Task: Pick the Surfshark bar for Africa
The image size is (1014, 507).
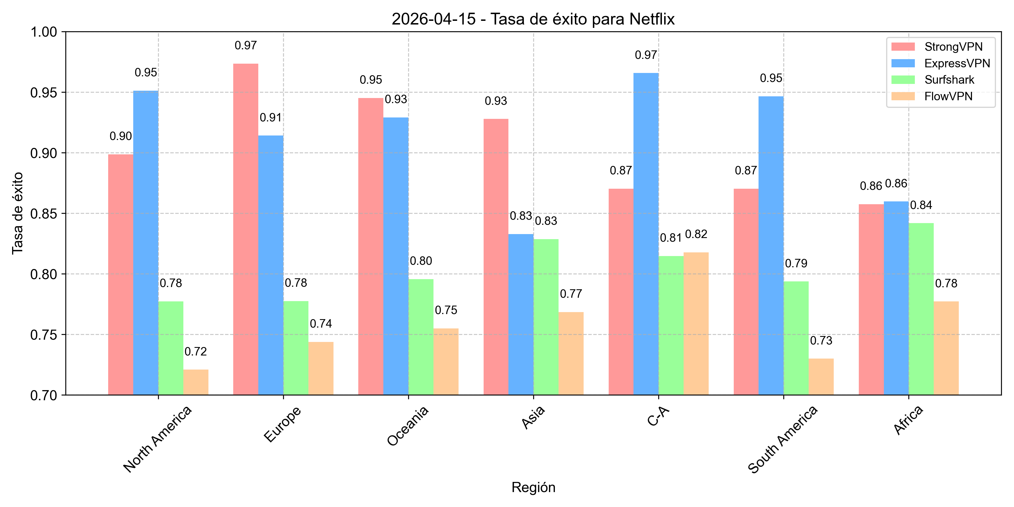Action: point(921,309)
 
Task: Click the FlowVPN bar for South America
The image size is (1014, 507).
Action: point(821,376)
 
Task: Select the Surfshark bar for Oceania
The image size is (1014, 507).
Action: point(421,337)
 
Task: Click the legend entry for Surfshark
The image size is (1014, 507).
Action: point(949,80)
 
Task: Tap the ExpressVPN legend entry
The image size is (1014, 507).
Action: point(957,63)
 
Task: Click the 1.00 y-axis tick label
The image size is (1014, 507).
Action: point(43,32)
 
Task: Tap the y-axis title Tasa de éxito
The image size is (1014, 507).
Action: point(17,213)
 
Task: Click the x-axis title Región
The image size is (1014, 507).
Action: point(533,487)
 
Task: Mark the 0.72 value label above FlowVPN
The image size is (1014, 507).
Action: point(196,352)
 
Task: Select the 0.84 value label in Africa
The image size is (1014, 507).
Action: point(921,205)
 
